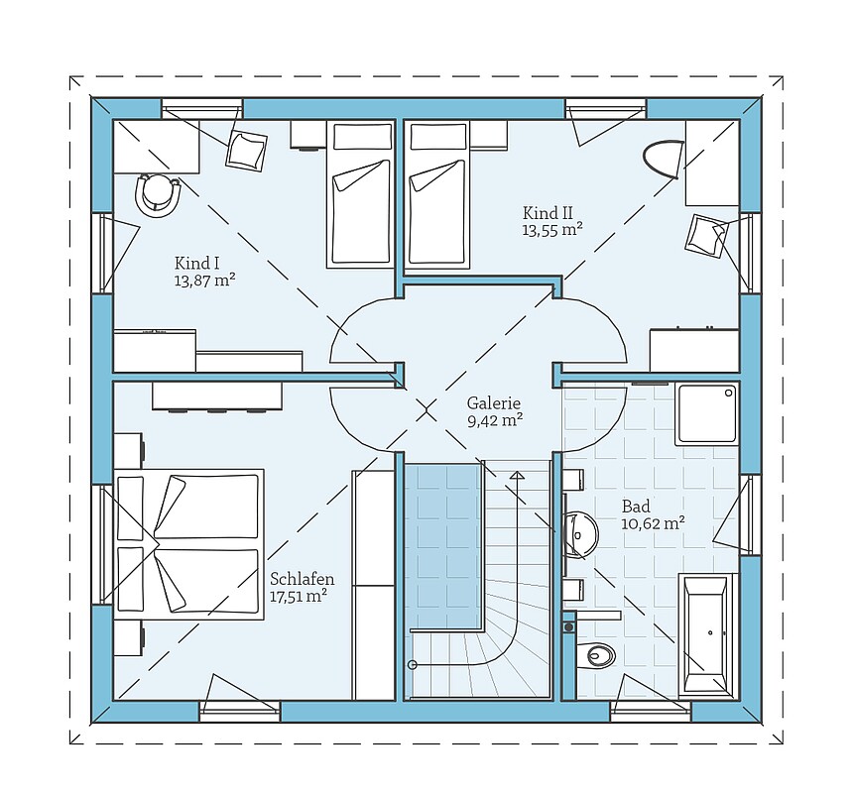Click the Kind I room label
196,264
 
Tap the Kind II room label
548,212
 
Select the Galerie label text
493,403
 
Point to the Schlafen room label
302,580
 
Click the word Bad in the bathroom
636,508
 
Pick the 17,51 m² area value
299,597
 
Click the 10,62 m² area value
653,524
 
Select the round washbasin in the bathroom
581,533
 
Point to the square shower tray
706,413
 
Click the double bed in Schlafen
188,544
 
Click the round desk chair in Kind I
158,194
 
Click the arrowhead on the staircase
518,475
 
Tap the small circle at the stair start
413,664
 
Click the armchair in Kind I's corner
247,150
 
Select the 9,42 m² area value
495,420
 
